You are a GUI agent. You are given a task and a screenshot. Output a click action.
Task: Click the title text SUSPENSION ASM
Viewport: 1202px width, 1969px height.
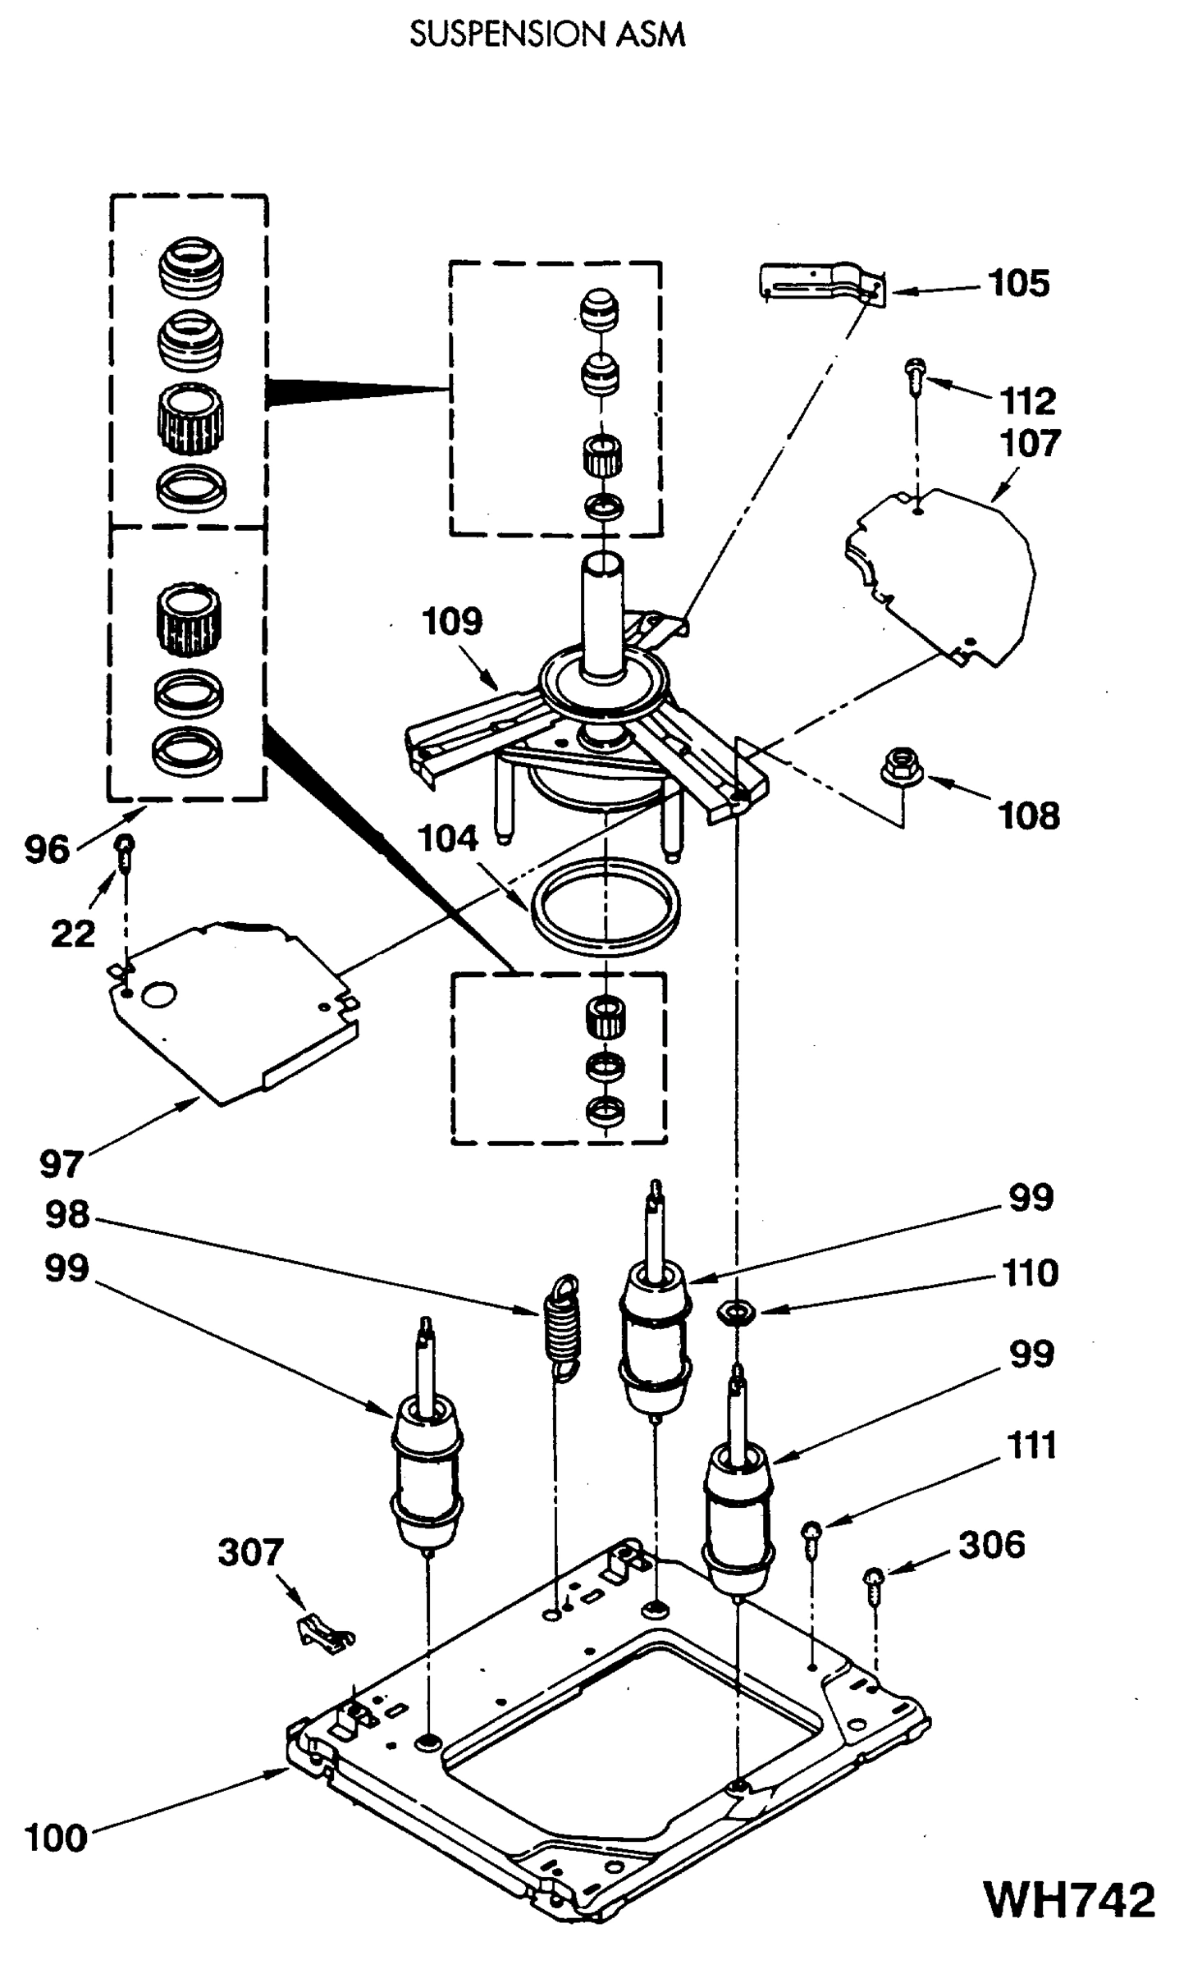(x=547, y=34)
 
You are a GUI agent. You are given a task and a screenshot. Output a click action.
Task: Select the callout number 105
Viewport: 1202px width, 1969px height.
(x=1018, y=283)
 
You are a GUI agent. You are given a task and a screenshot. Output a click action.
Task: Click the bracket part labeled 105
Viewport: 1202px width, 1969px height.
(x=820, y=284)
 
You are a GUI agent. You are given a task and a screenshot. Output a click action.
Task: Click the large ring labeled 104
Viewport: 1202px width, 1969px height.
(x=606, y=906)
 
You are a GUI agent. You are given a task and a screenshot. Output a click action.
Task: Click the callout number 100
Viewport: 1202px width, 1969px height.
(x=56, y=1838)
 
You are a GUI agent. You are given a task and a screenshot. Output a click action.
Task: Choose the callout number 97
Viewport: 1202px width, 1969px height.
(x=62, y=1163)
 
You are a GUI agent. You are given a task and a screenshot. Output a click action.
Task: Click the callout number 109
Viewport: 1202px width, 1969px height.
(x=452, y=621)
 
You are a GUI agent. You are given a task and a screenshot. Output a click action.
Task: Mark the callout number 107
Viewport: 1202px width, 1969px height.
(x=1030, y=444)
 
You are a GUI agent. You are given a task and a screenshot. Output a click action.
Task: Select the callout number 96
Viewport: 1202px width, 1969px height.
(x=47, y=849)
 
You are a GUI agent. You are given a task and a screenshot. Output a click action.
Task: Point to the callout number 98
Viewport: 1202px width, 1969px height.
(x=67, y=1214)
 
